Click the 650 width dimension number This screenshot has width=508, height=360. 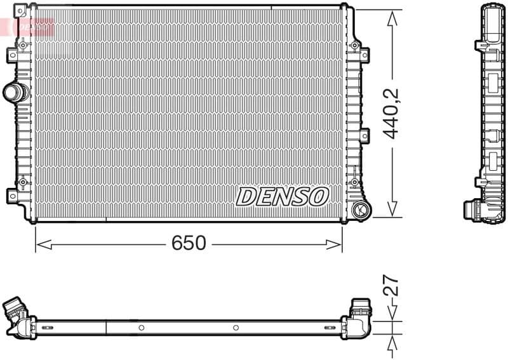click(x=189, y=243)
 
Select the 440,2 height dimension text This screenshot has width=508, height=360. click(x=392, y=114)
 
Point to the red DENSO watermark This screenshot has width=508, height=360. click(x=32, y=27)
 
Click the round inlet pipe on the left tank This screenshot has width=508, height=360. click(x=15, y=93)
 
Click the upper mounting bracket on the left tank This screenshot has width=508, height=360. click(x=12, y=55)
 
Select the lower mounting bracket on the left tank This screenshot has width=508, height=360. click(x=12, y=194)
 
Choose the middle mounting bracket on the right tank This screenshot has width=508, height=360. click(x=364, y=135)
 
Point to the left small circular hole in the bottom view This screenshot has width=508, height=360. click(x=141, y=328)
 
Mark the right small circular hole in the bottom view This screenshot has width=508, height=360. click(x=236, y=328)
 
